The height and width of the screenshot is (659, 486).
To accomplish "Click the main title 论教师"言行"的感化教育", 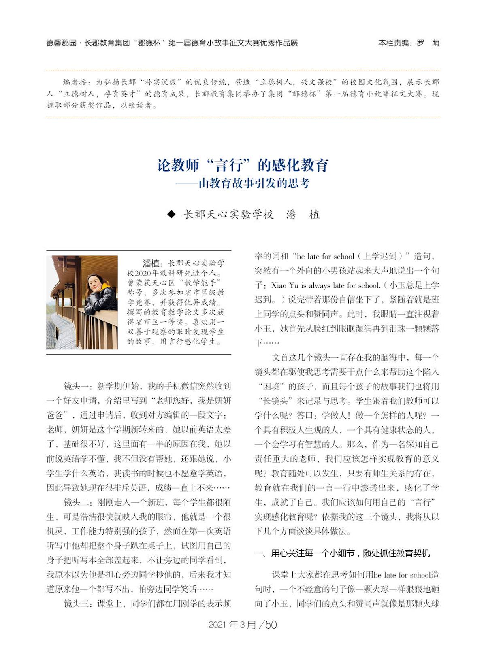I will (x=243, y=165).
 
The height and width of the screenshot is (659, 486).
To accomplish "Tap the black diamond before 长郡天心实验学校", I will (x=172, y=215).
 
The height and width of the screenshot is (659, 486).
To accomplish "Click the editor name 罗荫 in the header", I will (x=428, y=43).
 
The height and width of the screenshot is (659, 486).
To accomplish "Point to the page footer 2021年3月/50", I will (x=243, y=625).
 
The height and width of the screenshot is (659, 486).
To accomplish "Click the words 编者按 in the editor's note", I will (x=75, y=82).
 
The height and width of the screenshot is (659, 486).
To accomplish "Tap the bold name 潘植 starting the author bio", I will (x=152, y=264).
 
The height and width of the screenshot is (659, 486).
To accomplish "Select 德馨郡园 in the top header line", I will (x=61, y=43).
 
